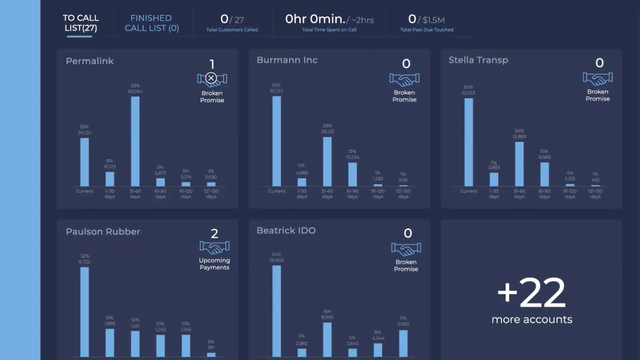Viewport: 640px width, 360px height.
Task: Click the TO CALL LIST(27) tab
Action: pos(81,23)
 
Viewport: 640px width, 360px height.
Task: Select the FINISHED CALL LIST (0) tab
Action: pos(152,23)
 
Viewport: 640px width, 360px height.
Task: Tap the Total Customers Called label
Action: pos(232,30)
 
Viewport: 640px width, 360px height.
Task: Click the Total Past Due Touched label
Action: pos(426,30)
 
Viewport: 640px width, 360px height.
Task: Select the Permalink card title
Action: pos(90,61)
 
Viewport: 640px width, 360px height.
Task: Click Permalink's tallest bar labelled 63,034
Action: pos(135,141)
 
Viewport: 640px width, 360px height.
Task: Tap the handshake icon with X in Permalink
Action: pos(212,78)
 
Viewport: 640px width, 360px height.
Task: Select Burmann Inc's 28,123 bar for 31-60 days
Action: pos(327,161)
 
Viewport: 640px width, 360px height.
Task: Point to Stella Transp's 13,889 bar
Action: pos(519,164)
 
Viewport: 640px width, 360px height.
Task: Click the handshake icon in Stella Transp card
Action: pos(597,78)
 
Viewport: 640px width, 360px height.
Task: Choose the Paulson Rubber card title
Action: pos(103,231)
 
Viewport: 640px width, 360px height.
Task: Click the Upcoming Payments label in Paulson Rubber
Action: pos(214,263)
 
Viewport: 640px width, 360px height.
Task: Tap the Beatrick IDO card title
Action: pos(286,230)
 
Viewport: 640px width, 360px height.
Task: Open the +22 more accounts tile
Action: pos(531,300)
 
